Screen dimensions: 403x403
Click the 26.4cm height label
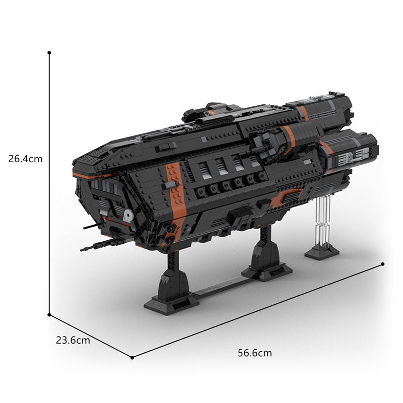pyautogui.click(x=26, y=159)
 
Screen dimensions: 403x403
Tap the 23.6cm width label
pyautogui.click(x=73, y=340)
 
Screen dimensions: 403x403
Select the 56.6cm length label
pyautogui.click(x=255, y=353)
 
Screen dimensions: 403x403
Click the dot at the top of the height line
pyautogui.click(x=49, y=52)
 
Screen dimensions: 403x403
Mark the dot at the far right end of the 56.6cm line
pyautogui.click(x=383, y=263)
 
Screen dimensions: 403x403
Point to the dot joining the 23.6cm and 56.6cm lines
pyautogui.click(x=132, y=357)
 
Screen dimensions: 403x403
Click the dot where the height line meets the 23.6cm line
pyautogui.click(x=49, y=314)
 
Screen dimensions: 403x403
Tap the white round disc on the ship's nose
pyautogui.click(x=128, y=216)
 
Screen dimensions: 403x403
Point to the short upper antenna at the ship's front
pyautogui.click(x=90, y=227)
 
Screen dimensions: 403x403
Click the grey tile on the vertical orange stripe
pyautogui.click(x=172, y=185)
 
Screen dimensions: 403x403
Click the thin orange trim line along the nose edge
pyautogui.click(x=91, y=175)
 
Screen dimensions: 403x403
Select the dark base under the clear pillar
pyautogui.click(x=321, y=252)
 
